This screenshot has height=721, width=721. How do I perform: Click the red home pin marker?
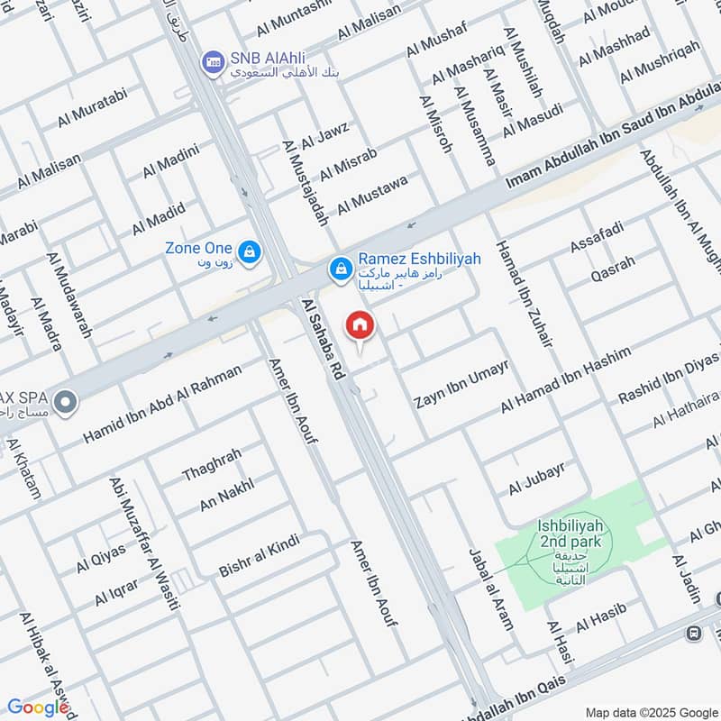(x=360, y=325)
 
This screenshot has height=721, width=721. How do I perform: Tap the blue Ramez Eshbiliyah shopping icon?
(x=341, y=268)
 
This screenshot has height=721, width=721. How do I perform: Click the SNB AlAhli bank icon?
(x=214, y=61)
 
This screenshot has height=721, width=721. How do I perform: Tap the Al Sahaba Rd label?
(x=324, y=338)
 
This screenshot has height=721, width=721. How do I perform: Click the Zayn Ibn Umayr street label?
(x=461, y=385)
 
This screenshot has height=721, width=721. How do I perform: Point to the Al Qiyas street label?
(x=100, y=560)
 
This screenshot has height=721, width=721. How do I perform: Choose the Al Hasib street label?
(x=600, y=619)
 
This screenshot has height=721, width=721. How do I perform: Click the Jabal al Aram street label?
(x=490, y=576)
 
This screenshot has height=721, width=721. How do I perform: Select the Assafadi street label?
(x=596, y=238)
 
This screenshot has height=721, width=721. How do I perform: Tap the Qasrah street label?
(x=613, y=267)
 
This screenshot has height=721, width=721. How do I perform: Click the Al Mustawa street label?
(x=372, y=195)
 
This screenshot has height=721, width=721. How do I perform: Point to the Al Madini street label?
(x=170, y=159)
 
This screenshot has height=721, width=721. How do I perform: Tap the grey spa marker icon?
(x=64, y=402)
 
